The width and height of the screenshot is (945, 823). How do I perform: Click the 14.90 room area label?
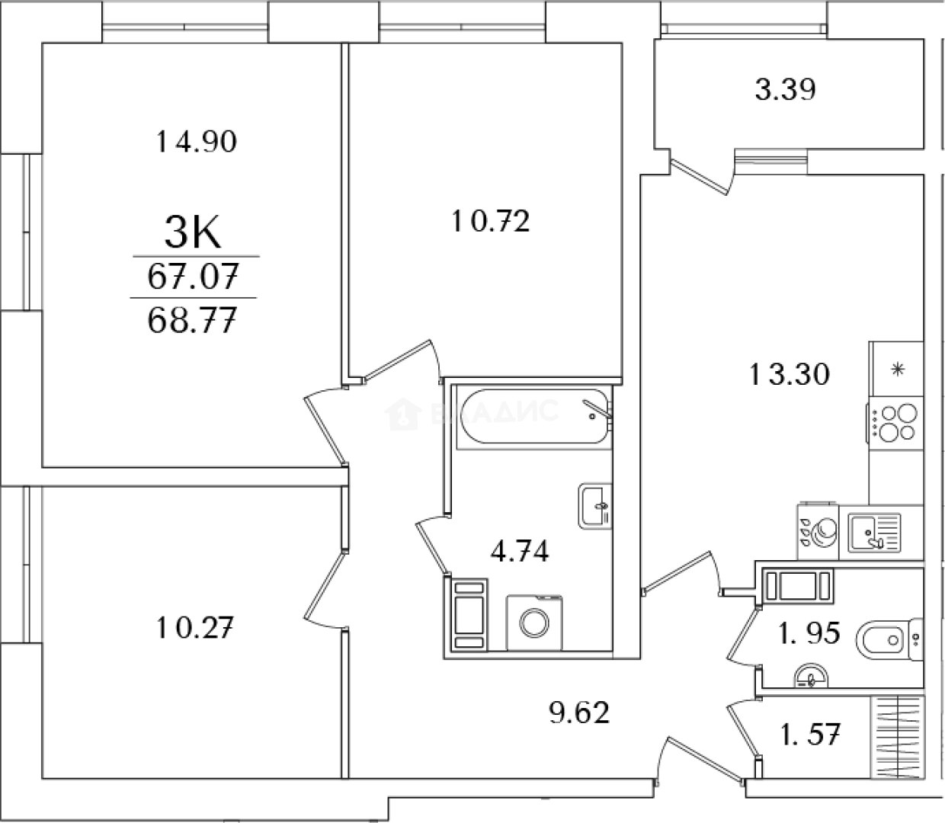point(197,142)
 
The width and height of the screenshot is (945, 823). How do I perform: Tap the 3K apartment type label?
point(193,232)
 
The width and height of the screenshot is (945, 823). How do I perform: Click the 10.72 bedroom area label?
point(490,222)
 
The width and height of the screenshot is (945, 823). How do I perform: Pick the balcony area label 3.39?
point(785,90)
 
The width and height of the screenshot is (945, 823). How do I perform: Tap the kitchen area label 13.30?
point(788,374)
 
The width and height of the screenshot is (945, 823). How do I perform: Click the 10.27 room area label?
point(195,629)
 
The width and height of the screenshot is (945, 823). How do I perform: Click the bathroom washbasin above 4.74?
point(594,505)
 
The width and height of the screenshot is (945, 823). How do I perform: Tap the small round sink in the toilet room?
point(810,677)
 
